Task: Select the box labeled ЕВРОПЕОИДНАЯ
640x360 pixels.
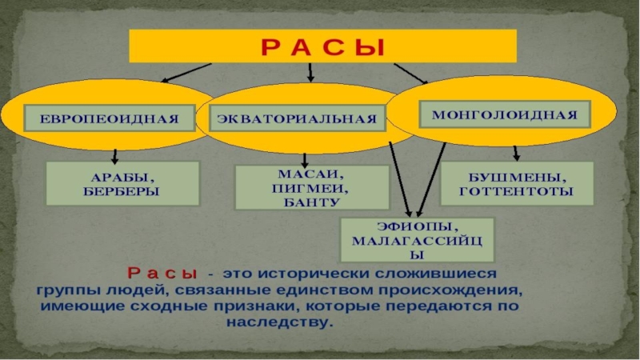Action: tap(110, 118)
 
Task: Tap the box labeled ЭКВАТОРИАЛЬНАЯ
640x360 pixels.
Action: tap(296, 120)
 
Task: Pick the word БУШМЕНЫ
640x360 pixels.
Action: tap(516, 177)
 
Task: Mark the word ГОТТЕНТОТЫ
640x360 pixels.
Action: tap(516, 192)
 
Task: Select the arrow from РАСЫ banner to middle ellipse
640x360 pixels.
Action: tap(310, 72)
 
